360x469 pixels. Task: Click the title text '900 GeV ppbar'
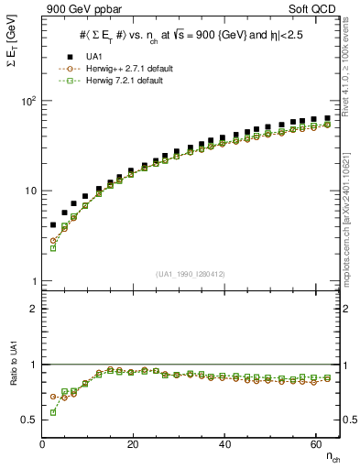pos(77,9)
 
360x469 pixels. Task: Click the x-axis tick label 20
pos(134,445)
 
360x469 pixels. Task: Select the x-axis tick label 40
pos(224,445)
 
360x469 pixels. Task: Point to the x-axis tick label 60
pos(315,445)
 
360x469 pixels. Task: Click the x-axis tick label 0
pos(43,445)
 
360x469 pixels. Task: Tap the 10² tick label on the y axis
pos(27,101)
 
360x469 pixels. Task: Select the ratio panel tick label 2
pos(33,309)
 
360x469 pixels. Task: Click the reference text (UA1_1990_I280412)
pos(191,274)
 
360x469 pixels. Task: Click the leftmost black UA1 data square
pos(53,224)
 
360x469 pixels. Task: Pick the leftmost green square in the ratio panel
pos(53,412)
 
